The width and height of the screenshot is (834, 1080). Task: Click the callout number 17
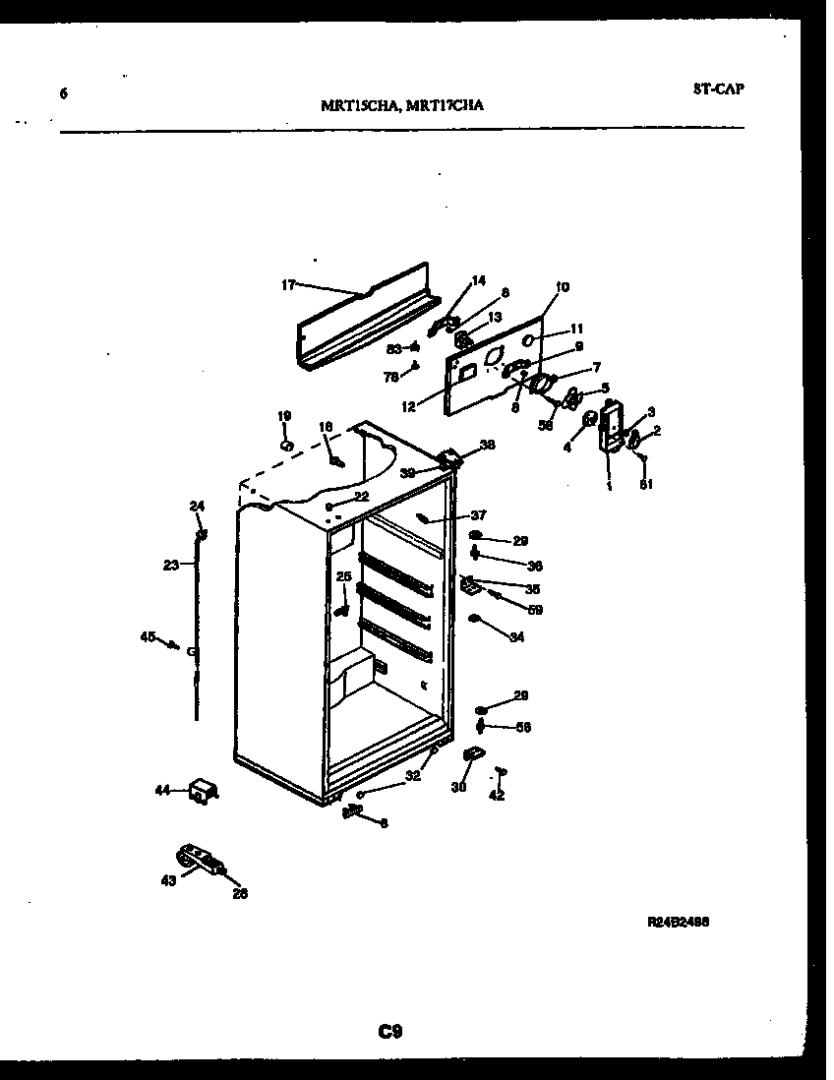[x=288, y=285]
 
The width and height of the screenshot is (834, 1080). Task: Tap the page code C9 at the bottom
[x=390, y=1032]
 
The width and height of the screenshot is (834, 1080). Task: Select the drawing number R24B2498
[x=679, y=923]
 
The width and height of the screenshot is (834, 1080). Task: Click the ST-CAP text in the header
[x=718, y=89]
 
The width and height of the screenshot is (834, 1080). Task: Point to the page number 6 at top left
[x=64, y=94]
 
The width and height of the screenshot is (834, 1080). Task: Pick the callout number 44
[x=163, y=789]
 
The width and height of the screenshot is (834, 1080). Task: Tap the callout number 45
[x=148, y=637]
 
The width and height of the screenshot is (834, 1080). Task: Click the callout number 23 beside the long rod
[x=171, y=565]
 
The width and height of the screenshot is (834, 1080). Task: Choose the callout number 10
[x=562, y=287]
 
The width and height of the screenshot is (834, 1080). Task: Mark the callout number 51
[x=645, y=483]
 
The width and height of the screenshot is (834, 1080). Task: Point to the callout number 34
[x=516, y=637]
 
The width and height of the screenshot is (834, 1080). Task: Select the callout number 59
[x=535, y=610]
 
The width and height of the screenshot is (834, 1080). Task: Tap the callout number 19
[x=283, y=416]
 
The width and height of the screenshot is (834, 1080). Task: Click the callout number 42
[x=497, y=796]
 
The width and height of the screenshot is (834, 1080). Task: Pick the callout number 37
[x=479, y=515]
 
